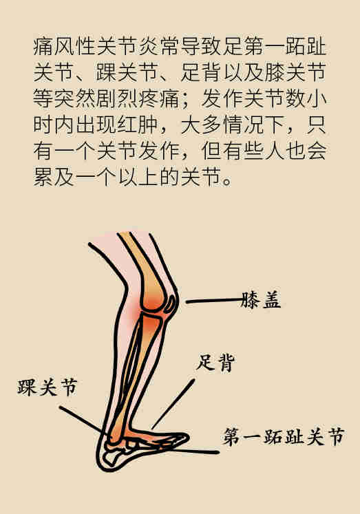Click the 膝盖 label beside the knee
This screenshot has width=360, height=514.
pyautogui.click(x=261, y=299)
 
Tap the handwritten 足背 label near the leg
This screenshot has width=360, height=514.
pyautogui.click(x=215, y=363)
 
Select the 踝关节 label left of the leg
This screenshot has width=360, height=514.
pyautogui.click(x=47, y=387)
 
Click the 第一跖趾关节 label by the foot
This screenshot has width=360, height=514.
pyautogui.click(x=284, y=436)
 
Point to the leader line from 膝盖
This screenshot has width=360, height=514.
pyautogui.click(x=214, y=301)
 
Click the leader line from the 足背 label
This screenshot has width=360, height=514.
pyautogui.click(x=173, y=403)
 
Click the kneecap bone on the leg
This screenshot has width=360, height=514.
pyautogui.click(x=171, y=303)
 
